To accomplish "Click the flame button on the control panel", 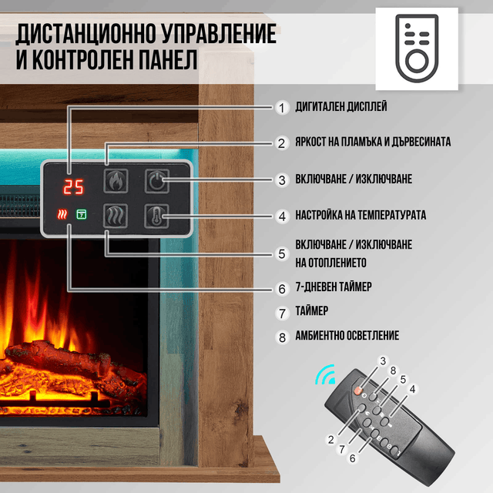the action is pyautogui.click(x=116, y=181).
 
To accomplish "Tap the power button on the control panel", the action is pyautogui.click(x=157, y=181).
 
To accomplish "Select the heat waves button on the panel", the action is pyautogui.click(x=116, y=216).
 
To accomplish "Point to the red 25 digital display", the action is pyautogui.click(x=73, y=186).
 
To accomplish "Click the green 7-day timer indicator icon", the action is pyautogui.click(x=82, y=214).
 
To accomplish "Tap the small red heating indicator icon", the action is pyautogui.click(x=62, y=214).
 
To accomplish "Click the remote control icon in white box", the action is pyautogui.click(x=417, y=49).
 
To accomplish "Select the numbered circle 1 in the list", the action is pyautogui.click(x=282, y=108).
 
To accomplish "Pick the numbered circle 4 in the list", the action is pyautogui.click(x=282, y=216).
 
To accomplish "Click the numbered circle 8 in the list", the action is pyautogui.click(x=282, y=337).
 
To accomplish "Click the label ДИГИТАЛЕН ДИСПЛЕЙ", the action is pyautogui.click(x=341, y=106).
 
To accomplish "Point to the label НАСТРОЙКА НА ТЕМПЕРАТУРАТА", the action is pyautogui.click(x=361, y=215).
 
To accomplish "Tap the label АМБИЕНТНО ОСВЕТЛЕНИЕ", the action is pyautogui.click(x=347, y=336).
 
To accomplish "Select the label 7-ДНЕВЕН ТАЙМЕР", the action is pyautogui.click(x=334, y=287).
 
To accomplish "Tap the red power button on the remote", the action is pyautogui.click(x=358, y=391).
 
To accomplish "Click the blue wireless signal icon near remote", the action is pyautogui.click(x=325, y=375).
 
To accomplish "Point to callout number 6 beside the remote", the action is pyautogui.click(x=353, y=458).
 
